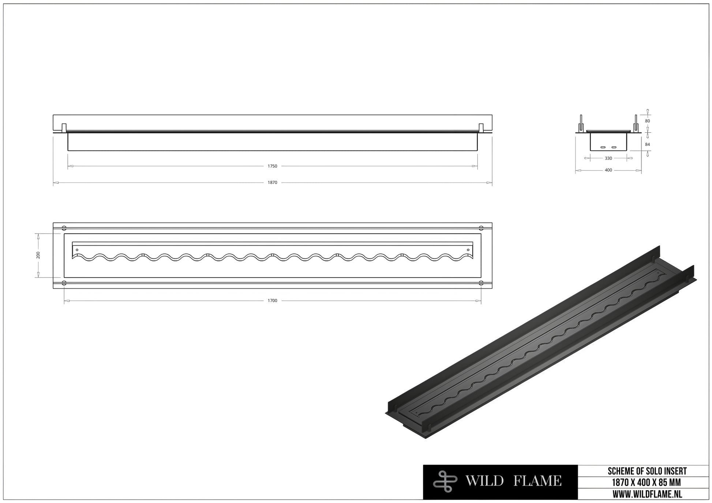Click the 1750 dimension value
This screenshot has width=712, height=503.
click(272, 166)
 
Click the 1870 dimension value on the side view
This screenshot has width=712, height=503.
click(272, 182)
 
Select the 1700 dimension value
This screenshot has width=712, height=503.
click(272, 300)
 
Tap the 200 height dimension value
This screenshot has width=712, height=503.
click(38, 255)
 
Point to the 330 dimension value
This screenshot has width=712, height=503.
click(608, 158)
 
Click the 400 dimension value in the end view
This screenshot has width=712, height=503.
click(608, 170)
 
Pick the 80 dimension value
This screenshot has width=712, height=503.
click(647, 121)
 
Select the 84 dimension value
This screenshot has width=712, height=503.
click(647, 144)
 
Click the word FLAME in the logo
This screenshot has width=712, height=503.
click(537, 481)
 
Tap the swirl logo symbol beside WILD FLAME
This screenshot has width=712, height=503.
click(445, 481)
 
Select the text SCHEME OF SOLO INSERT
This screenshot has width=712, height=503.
click(647, 471)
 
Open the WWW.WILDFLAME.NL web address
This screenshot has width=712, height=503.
click(647, 494)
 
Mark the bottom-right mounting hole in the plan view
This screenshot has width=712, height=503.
click(481, 283)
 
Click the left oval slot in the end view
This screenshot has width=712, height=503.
click(603, 147)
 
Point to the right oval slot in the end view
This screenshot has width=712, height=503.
click(614, 147)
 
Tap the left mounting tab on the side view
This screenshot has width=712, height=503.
click(64, 128)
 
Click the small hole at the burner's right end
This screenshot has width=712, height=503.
click(468, 250)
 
